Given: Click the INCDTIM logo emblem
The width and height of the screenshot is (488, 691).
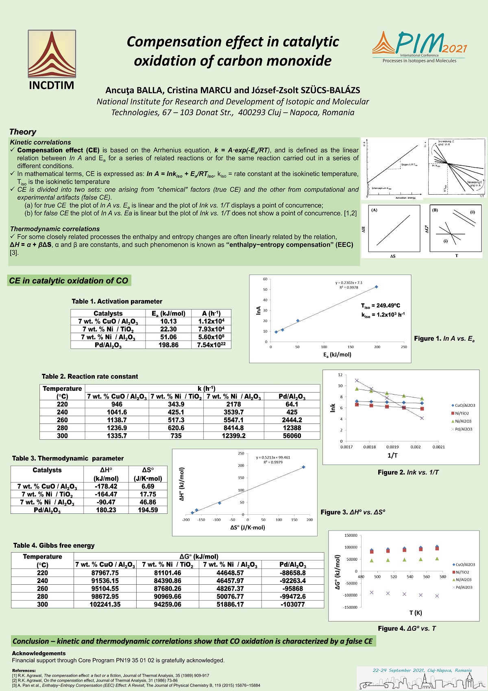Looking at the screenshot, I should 52,54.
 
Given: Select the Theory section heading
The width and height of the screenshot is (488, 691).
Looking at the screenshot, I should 23,132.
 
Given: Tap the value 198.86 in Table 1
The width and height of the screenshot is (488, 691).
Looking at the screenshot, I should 168,345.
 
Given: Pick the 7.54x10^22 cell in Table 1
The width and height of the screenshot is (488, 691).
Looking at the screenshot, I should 211,345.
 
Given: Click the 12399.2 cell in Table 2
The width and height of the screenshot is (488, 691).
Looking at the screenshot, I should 233,436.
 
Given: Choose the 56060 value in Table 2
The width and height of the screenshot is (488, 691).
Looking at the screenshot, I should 292,436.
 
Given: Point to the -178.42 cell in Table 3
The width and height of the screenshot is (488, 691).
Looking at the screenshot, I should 106,486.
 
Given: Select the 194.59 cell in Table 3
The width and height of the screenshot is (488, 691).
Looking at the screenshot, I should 148,510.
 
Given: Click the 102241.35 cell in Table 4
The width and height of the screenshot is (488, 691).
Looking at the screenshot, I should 105,604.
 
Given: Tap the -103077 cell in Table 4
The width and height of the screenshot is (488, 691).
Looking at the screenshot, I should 292,604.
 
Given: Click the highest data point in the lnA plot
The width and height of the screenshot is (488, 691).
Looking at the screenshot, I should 377,287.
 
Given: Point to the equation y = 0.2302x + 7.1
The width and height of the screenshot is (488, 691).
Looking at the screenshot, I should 349,283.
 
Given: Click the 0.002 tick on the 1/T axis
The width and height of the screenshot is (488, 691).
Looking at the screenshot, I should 416,447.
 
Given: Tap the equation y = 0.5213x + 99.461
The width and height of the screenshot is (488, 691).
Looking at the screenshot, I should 273,457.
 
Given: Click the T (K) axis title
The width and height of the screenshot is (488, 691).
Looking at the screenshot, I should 416,613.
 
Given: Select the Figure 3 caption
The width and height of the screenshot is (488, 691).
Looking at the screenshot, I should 353,512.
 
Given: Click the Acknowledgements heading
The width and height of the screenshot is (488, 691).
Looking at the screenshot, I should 39,653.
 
